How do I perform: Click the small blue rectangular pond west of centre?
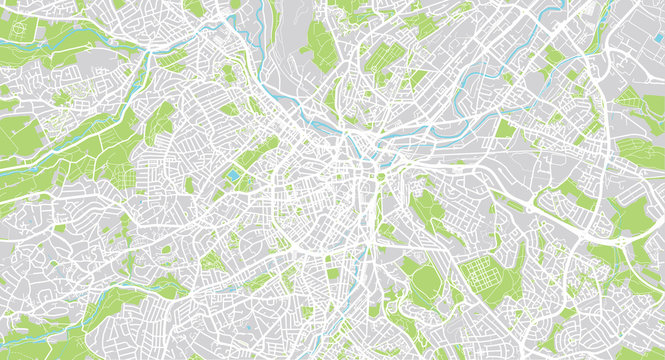pyautogui.click(x=233, y=177)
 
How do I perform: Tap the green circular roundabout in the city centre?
pyautogui.click(x=380, y=177)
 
